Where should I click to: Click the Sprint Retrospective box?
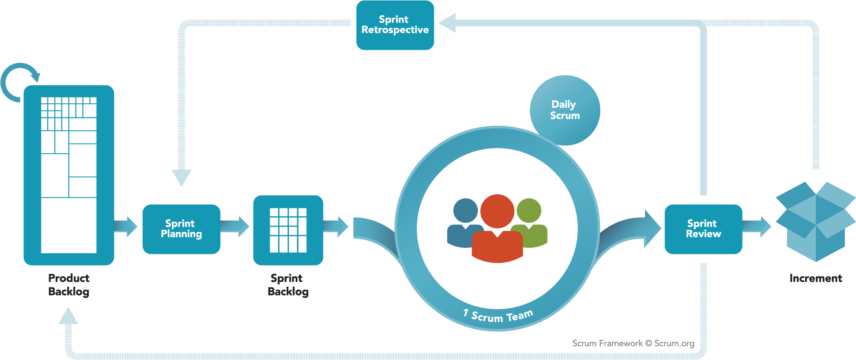395,25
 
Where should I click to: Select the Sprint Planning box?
181,229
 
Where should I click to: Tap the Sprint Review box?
703,229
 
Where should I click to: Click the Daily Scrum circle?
565,110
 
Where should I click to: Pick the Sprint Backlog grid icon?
288,230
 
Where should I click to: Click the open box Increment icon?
816,221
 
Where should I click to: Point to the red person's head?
497,211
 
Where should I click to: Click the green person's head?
529,211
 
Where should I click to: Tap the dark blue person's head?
465,211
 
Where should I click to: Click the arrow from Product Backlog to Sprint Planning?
126,227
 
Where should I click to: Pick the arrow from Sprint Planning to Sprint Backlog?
235,227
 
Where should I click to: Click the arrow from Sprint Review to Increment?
757,227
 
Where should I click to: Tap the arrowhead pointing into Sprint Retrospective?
447,23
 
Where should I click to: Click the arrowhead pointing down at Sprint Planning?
181,178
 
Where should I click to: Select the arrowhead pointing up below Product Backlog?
68,315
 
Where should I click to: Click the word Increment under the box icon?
816,278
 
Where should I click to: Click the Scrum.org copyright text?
633,343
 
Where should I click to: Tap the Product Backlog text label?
69,285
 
